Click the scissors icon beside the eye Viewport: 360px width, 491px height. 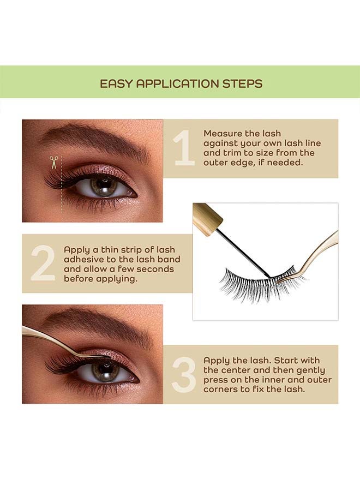pyautogui.click(x=54, y=162)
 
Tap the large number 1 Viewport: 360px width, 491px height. pyautogui.click(x=184, y=148)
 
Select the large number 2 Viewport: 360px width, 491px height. pyautogui.click(x=43, y=264)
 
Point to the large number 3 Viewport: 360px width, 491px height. pyautogui.click(x=183, y=374)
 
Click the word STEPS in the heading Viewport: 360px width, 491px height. pyautogui.click(x=242, y=83)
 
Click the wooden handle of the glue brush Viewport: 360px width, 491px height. pyautogui.click(x=207, y=219)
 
